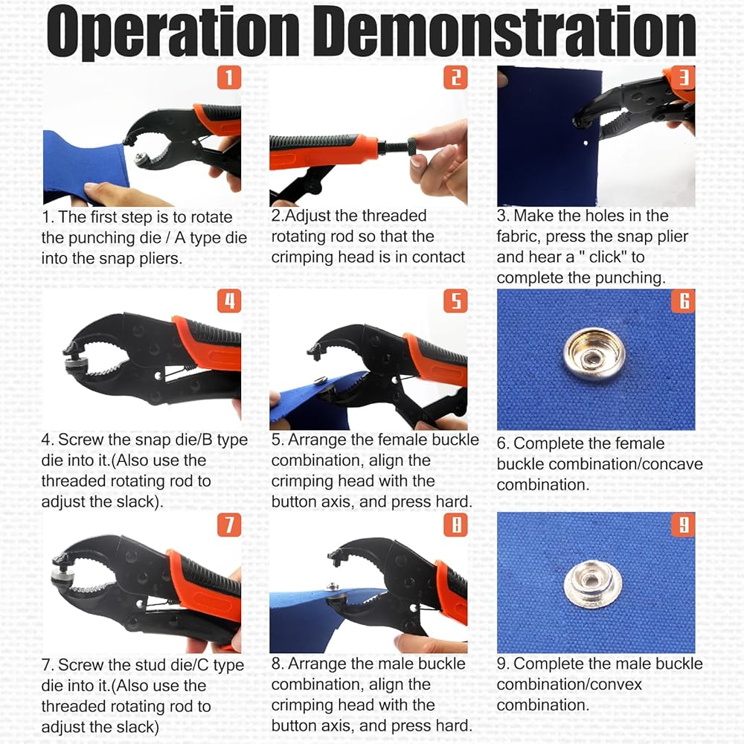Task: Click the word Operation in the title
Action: coord(173,32)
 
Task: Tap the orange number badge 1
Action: coord(229,77)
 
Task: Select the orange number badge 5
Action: coord(455,301)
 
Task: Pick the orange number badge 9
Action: coord(683,525)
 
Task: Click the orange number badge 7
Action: coord(229,525)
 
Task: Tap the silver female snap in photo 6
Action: coord(594,354)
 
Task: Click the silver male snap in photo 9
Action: coord(593,583)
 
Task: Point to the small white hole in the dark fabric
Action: coord(586,143)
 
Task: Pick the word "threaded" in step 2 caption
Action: coord(394,216)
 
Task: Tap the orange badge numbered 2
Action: coord(455,77)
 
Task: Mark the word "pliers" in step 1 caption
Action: coord(159,259)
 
